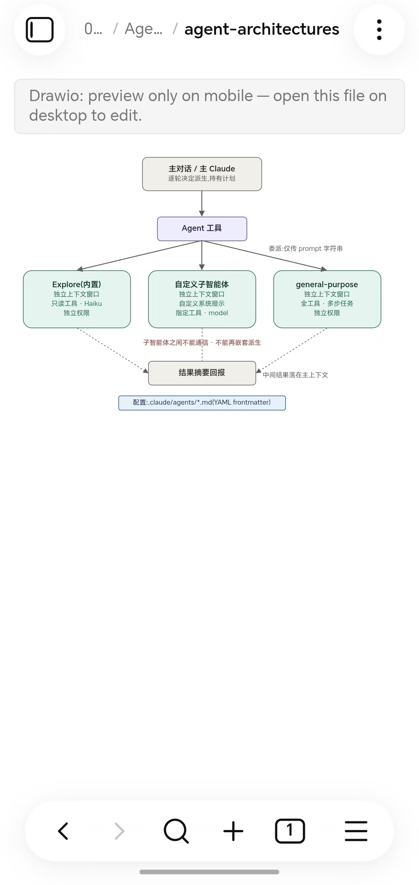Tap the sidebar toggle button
(x=39, y=30)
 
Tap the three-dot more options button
(x=379, y=30)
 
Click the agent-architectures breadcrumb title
(x=262, y=29)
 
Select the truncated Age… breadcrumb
(x=143, y=29)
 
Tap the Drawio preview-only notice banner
(x=209, y=106)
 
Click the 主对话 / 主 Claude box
(x=202, y=174)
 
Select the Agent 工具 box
(x=202, y=229)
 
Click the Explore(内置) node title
(x=77, y=284)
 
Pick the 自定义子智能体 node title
(x=202, y=284)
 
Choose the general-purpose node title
(x=327, y=285)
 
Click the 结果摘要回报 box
(x=202, y=373)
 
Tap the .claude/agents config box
(x=202, y=403)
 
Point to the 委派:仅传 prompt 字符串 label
(x=306, y=249)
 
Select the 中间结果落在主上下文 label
(x=295, y=375)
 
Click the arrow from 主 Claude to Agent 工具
(x=202, y=204)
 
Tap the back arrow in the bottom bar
(x=63, y=831)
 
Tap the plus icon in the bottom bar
(x=233, y=831)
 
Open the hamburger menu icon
(x=356, y=831)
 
